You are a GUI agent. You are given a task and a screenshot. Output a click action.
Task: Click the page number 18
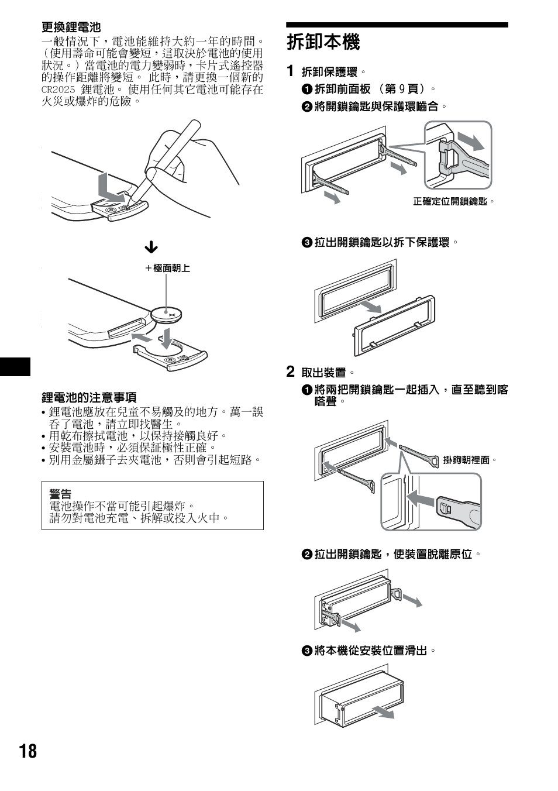(x=27, y=751)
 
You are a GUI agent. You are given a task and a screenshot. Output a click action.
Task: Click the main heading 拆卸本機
(x=323, y=42)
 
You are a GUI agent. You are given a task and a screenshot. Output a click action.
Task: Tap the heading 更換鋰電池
(x=71, y=27)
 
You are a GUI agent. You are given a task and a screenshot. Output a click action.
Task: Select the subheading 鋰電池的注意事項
(x=88, y=398)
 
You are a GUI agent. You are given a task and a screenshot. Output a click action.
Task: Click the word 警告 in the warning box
(x=60, y=494)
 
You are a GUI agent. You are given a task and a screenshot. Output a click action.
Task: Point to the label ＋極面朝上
(x=168, y=268)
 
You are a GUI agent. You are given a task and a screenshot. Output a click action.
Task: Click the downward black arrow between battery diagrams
(x=151, y=247)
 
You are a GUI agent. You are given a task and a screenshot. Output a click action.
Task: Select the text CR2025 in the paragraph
(x=58, y=90)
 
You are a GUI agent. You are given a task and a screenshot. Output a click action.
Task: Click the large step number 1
(x=290, y=71)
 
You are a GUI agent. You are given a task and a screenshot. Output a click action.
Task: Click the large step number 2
(x=290, y=372)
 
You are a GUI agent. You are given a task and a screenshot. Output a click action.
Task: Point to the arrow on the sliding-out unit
(x=383, y=711)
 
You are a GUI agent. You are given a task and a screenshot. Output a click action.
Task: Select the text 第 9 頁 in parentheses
(x=404, y=89)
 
